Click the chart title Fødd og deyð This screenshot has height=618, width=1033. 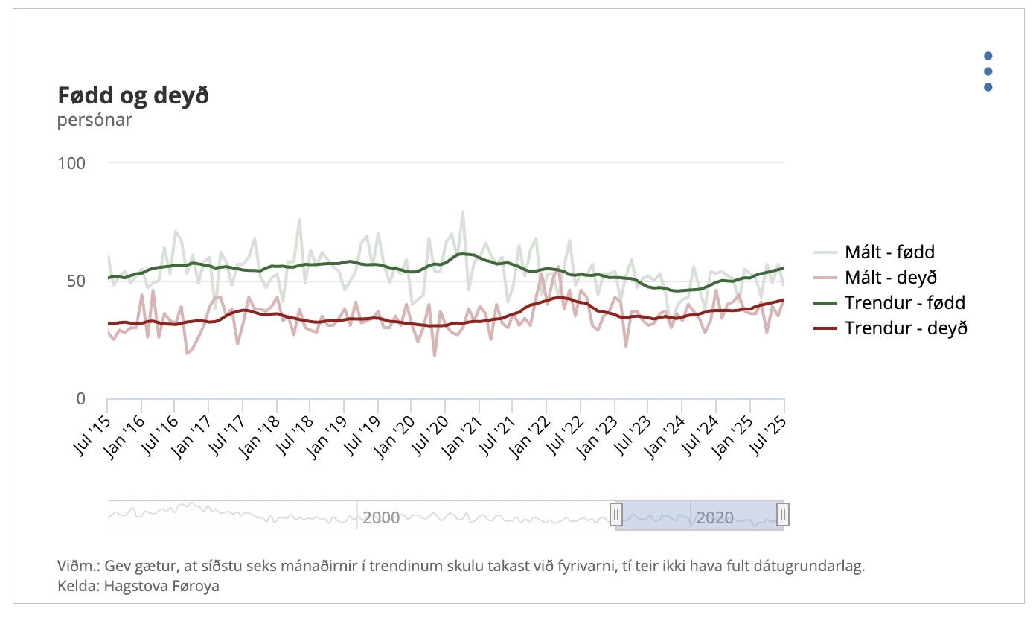click(133, 96)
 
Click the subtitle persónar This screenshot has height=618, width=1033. click(95, 120)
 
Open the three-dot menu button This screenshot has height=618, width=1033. click(988, 71)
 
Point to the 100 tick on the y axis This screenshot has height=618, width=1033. click(72, 162)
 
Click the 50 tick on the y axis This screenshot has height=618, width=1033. click(77, 281)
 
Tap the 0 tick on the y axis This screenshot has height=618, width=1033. click(82, 398)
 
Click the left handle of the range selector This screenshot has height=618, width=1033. click(616, 515)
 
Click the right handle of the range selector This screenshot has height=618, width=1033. click(783, 515)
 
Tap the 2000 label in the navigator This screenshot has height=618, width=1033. click(381, 517)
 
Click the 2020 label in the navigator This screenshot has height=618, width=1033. click(714, 517)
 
